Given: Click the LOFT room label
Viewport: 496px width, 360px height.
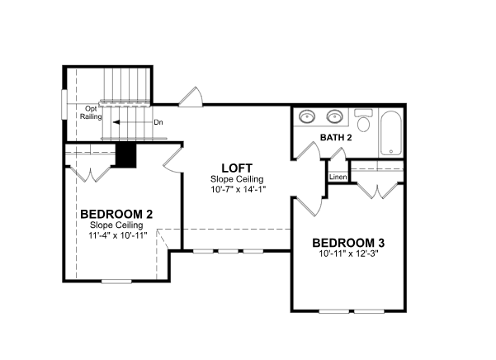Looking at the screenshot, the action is click(237, 168).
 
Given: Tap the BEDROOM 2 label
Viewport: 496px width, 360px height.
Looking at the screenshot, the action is click(116, 214).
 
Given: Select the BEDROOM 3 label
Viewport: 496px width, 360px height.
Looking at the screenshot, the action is click(348, 243).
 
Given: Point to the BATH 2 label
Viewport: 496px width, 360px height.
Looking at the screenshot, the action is click(336, 138).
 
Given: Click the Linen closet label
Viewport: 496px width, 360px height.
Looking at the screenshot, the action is click(338, 177).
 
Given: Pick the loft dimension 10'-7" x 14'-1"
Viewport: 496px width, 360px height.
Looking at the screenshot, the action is click(238, 189).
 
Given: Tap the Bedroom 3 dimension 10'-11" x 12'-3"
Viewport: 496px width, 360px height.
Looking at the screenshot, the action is click(349, 253).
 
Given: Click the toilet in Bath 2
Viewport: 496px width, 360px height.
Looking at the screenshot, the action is click(363, 120).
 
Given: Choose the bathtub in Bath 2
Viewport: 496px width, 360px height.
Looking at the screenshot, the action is click(391, 133).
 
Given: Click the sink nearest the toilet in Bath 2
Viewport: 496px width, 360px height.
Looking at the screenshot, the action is click(335, 116).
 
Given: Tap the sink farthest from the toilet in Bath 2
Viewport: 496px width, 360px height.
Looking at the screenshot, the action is click(307, 116).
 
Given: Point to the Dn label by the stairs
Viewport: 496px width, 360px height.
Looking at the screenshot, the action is click(158, 122).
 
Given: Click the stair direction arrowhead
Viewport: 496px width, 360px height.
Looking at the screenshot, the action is click(116, 122).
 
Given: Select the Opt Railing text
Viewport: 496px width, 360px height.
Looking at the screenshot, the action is click(91, 112).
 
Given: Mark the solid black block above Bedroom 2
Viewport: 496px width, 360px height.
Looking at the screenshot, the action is click(126, 154).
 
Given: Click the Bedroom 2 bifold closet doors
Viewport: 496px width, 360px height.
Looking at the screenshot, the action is click(91, 173).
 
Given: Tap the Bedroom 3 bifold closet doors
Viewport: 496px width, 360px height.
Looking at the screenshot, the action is click(377, 191).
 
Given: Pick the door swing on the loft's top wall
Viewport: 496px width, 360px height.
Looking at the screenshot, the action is click(191, 97).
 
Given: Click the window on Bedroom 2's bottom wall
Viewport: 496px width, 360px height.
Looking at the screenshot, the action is click(116, 281).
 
